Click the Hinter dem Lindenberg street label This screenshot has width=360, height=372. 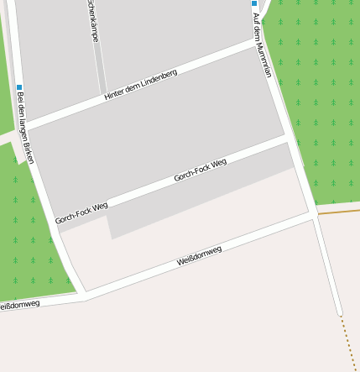click(140, 86)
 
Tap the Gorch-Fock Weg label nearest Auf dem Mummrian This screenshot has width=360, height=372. click(201, 170)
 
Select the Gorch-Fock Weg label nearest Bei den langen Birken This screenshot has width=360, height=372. click(81, 212)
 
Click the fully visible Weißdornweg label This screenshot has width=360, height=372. click(199, 256)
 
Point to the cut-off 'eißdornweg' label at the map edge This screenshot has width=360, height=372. click(19, 305)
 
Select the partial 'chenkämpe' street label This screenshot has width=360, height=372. click(92, 22)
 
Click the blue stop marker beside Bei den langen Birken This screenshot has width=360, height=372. click(19, 87)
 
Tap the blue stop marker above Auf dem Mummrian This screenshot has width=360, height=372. click(254, 3)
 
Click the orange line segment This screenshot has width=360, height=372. click(337, 212)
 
